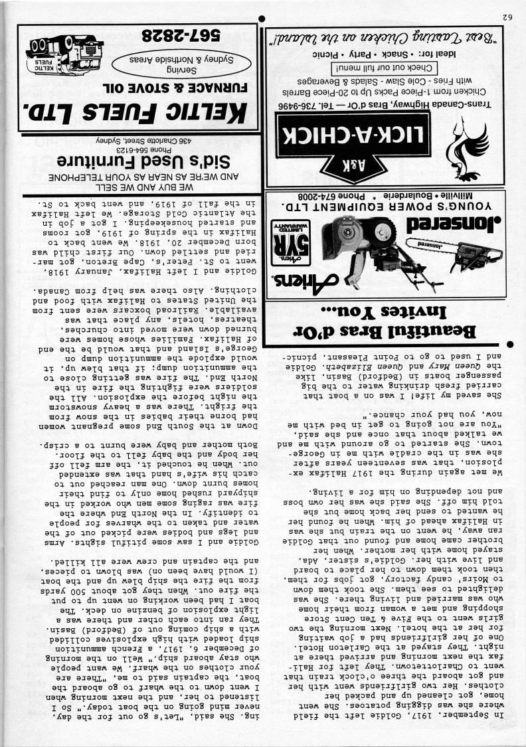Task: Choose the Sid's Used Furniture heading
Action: coord(129,160)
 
